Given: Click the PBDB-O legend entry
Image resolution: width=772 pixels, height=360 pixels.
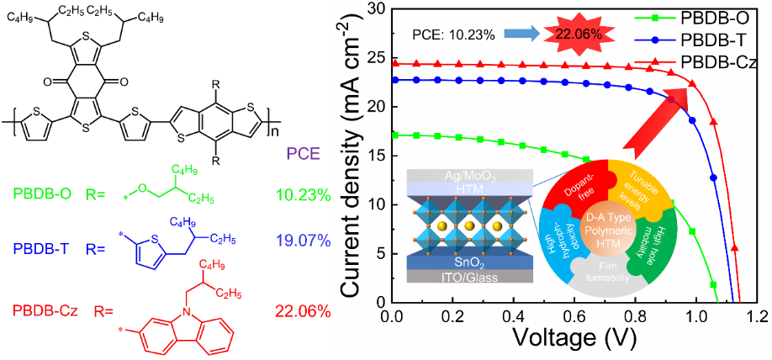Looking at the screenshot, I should [x=719, y=15].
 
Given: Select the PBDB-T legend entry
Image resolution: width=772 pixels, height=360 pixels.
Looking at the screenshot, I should [x=719, y=39].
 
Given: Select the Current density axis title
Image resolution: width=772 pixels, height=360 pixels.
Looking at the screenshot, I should [x=354, y=160].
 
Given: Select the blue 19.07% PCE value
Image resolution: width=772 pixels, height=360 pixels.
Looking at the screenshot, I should [x=303, y=249].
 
